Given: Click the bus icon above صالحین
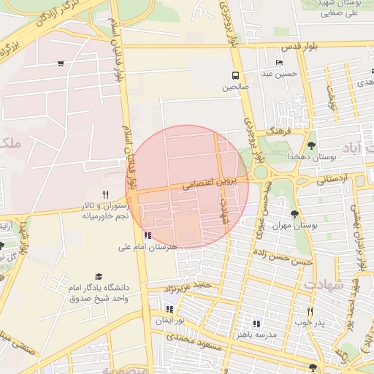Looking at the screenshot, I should point(235,75).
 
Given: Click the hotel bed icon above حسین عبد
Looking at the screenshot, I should point(279,63).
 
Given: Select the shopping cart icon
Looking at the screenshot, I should point(60,64).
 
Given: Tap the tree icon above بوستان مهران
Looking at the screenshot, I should point(294,214).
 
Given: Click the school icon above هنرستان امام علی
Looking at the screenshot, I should point(148,235).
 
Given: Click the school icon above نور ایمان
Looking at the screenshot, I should point(169,309).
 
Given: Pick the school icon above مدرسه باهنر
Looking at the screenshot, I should point(256,323).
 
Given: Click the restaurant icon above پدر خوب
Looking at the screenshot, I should point(310,311).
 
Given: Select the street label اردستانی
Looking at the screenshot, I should point(330,179).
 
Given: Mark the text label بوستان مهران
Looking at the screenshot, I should point(294,226).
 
